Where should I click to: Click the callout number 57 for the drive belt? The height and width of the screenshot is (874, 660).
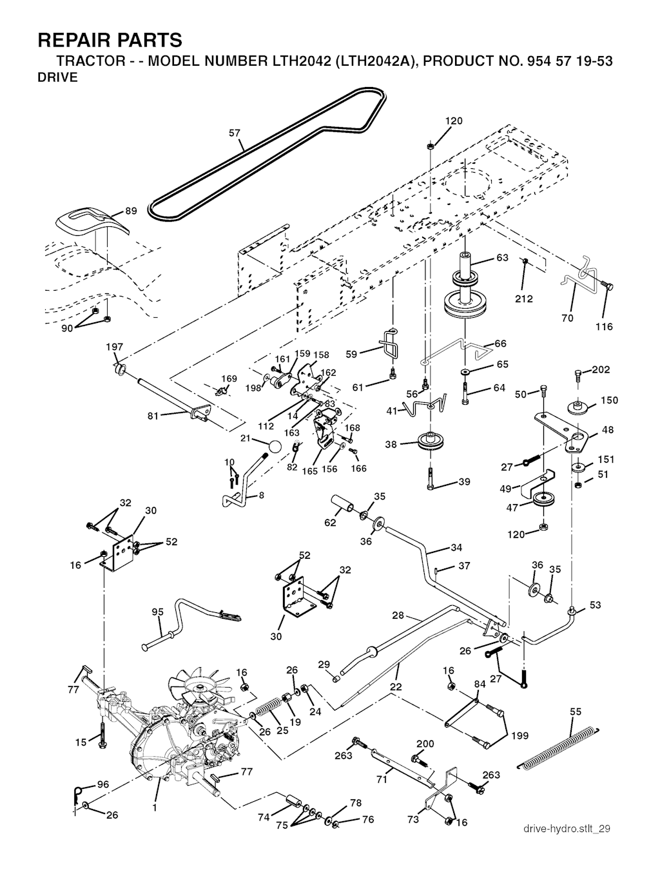click(x=235, y=133)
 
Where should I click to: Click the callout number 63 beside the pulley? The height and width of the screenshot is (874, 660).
click(x=502, y=258)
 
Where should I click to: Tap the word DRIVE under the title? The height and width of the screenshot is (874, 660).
click(x=58, y=78)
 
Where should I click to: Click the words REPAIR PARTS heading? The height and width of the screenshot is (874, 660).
click(x=110, y=41)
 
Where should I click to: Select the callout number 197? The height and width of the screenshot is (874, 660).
click(x=114, y=347)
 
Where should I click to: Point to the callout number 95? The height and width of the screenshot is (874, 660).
click(x=157, y=612)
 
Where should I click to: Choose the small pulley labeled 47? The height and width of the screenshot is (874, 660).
click(x=541, y=501)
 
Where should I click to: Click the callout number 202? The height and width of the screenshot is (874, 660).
click(x=600, y=370)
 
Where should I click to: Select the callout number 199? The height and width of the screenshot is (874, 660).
click(x=519, y=735)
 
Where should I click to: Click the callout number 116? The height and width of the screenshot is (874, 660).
click(x=604, y=327)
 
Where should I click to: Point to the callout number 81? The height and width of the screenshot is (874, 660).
click(x=152, y=416)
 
